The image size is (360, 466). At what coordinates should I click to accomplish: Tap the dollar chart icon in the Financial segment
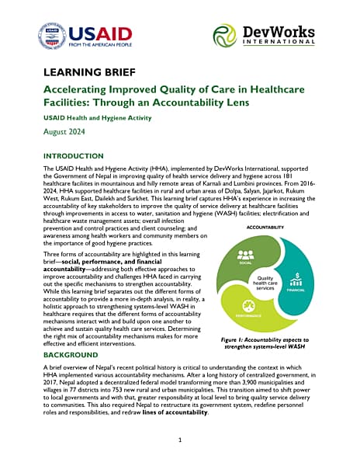point(297,279)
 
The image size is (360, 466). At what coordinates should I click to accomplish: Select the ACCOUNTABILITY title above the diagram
point(266,228)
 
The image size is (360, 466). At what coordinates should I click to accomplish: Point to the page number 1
point(179,440)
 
